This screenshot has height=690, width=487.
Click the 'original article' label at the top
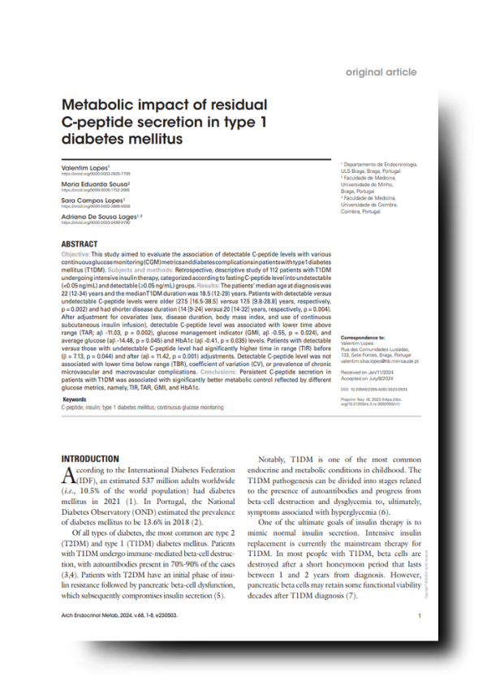[x=381, y=72]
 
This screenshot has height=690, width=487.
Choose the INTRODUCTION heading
[x=90, y=459]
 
